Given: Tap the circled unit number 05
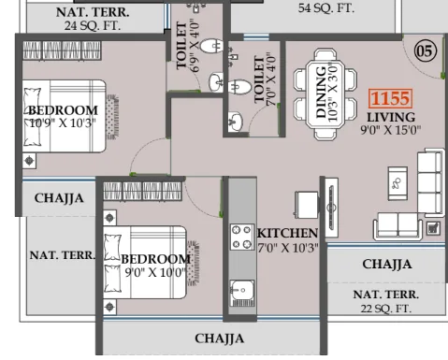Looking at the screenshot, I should pos(426,51).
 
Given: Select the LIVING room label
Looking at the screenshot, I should pos(391,117).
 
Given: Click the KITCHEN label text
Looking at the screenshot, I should pos(288,233).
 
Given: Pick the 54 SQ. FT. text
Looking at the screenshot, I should pos(326,7).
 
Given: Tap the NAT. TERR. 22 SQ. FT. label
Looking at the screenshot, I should pos(386,300).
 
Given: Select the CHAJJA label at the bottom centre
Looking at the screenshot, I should pos(220,338).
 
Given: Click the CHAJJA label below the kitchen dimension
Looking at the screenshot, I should pos(386,264).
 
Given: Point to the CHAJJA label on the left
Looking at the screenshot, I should pos(59,198).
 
